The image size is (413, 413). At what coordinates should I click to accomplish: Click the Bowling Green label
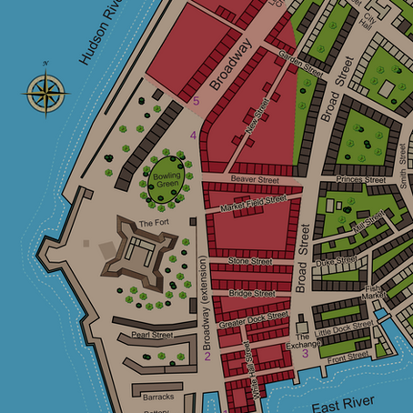click(x=167, y=179)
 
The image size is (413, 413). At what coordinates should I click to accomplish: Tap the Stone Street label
click(x=250, y=262)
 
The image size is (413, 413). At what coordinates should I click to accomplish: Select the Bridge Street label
click(x=252, y=294)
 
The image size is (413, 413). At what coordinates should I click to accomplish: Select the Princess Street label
click(x=360, y=179)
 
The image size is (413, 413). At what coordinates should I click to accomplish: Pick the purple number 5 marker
click(x=196, y=101)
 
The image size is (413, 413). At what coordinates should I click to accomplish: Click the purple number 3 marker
click(x=305, y=354)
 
